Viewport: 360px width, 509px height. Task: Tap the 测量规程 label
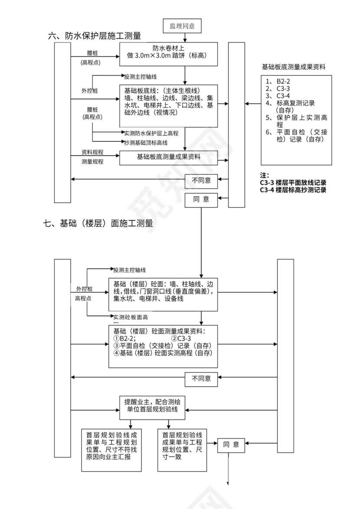(x=92, y=161)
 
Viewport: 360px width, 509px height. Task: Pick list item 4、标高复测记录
(x=290, y=103)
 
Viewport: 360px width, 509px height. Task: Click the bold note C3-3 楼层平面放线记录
(x=293, y=183)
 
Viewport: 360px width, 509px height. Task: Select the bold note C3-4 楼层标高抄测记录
(x=293, y=190)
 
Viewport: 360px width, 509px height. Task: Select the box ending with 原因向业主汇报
(x=111, y=450)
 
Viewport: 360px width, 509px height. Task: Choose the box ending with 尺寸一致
(x=183, y=450)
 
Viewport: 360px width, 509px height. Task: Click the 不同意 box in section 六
(x=201, y=180)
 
